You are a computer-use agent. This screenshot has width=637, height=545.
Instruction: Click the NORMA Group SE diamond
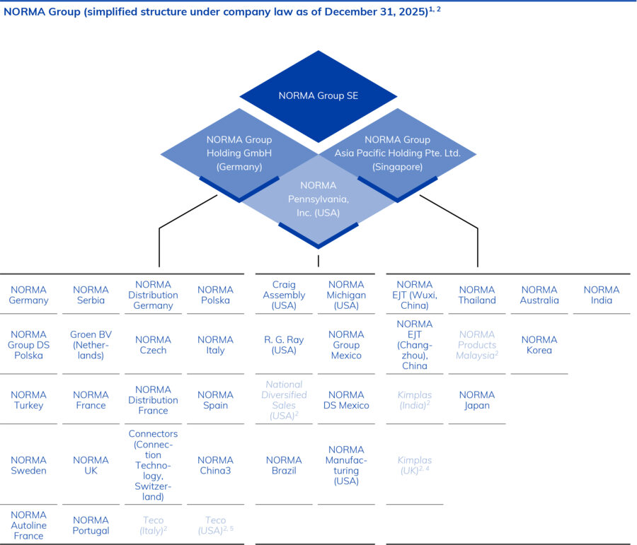point(318,95)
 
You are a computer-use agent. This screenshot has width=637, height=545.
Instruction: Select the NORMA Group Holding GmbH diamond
point(239,153)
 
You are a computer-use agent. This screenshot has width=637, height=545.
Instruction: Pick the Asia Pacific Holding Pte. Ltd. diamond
point(397,153)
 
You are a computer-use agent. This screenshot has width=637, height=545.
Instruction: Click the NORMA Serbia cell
point(91,295)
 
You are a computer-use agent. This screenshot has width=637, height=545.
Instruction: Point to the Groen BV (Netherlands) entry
point(91,345)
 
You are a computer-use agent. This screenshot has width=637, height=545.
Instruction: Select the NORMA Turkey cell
point(28,400)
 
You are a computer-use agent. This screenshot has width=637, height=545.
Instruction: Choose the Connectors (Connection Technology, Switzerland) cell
point(153,465)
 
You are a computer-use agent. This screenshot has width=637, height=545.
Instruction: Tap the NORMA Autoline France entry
point(28,525)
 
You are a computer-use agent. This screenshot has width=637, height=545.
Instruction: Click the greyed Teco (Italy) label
point(153,525)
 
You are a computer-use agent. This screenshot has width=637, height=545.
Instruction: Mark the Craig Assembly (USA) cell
point(284,295)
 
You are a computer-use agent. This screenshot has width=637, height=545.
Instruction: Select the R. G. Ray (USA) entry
point(284,345)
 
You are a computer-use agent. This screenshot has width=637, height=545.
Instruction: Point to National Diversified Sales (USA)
point(284,400)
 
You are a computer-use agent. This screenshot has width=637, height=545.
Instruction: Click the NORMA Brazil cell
point(284,465)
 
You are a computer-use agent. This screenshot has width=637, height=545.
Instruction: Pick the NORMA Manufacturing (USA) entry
point(346,465)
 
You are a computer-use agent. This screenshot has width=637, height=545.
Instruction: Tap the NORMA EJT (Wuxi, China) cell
point(415,295)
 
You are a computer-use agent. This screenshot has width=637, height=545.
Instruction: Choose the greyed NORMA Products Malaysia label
point(477,345)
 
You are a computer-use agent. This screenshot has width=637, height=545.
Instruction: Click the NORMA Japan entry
point(477,400)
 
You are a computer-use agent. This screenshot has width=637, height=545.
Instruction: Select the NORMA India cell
point(602,295)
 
